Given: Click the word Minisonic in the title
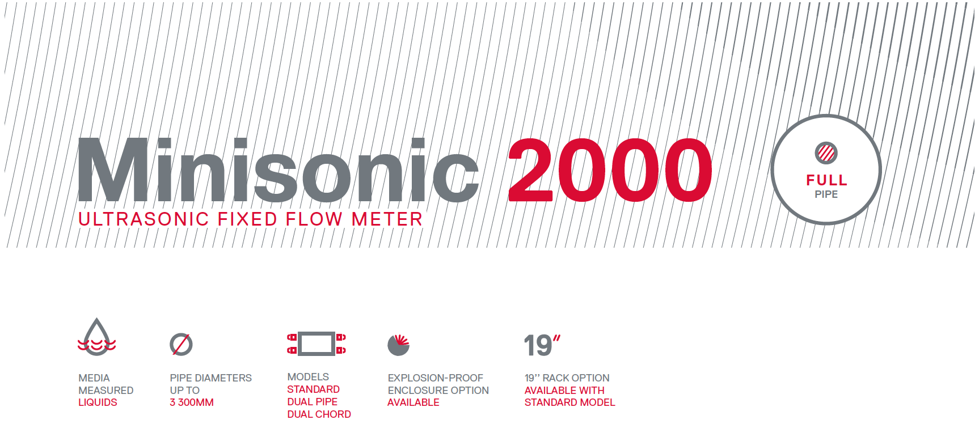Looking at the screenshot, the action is point(278,169).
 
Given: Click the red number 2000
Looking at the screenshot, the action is point(610,170).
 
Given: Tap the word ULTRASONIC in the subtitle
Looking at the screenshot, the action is point(144,219).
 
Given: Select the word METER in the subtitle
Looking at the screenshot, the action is point(387,219).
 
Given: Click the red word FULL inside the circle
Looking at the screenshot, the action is point(826,180).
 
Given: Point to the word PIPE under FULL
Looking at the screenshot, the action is point(826,194).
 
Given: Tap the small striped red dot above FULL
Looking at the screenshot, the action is point(826,152).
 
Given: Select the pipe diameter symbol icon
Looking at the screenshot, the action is point(181,344).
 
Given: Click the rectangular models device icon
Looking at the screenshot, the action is point(317,344).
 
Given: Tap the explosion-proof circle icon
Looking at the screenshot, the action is point(398,345).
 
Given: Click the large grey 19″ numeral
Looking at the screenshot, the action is point(542,345).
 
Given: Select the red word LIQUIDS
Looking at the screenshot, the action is point(98,402).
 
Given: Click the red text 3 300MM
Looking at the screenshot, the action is point(192,402).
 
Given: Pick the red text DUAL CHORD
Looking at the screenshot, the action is point(319,414).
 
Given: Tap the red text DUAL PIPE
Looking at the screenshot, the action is point(312,402).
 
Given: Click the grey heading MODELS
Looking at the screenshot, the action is point(308,377).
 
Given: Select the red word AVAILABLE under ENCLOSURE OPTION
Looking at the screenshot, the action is point(413,402).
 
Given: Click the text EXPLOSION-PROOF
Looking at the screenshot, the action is point(436,378).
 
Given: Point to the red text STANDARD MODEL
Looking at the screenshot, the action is point(569,402).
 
